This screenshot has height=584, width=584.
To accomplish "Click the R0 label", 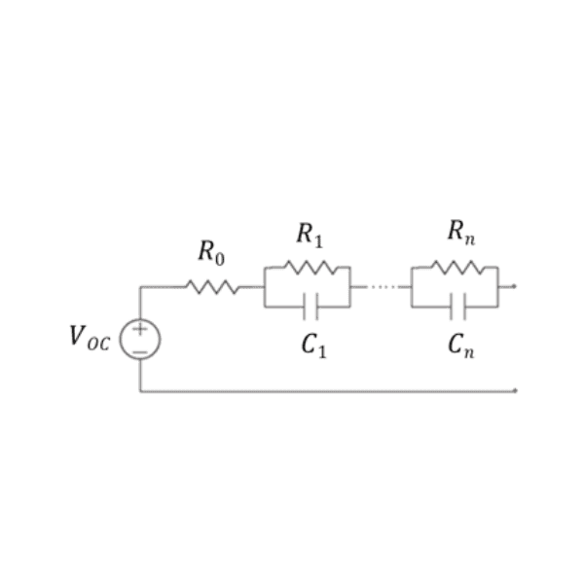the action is [211, 253].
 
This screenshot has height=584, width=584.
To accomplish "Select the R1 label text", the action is [310, 236].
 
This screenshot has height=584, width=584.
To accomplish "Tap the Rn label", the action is [461, 233].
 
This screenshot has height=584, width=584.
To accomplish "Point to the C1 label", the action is [313, 346].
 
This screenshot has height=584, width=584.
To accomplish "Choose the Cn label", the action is [461, 346].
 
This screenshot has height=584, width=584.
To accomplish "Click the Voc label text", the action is [90, 338].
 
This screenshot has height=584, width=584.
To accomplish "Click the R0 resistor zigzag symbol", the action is [212, 287].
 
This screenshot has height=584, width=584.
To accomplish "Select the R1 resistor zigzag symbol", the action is [310, 268].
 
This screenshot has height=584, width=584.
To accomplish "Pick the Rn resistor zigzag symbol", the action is [458, 268].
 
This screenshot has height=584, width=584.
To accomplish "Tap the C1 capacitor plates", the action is [310, 307].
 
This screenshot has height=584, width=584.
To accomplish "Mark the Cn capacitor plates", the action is [457, 307].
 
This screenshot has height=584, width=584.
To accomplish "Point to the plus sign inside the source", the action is [140, 329].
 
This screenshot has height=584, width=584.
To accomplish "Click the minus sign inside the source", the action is [140, 352].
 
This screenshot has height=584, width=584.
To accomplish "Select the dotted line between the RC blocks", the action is [383, 287].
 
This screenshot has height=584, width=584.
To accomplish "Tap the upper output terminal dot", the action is [514, 286].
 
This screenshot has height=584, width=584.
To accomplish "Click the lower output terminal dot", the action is [515, 390].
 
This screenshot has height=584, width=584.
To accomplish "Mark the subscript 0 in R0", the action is [220, 259].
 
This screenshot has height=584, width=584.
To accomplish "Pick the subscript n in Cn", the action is [469, 352].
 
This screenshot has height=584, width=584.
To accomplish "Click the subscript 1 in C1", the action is [322, 352].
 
